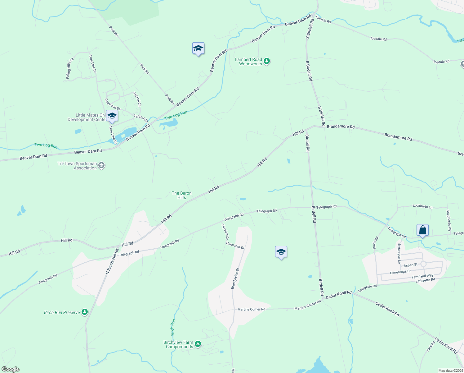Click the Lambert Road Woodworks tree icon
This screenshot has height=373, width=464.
point(266,61)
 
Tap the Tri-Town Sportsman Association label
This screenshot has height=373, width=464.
point(77,166)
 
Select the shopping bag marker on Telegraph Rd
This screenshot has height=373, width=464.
point(422,230)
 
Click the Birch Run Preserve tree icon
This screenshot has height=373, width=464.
point(84,312)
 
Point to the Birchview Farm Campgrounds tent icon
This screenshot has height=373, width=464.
point(198,344)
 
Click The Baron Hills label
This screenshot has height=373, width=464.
point(182,195)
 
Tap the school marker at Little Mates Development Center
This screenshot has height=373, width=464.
point(112,116)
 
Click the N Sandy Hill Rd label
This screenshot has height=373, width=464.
point(112,261)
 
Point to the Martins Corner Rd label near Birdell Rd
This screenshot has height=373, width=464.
point(307,305)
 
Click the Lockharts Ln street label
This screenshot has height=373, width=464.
point(422,206)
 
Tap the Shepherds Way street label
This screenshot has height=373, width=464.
point(448,221)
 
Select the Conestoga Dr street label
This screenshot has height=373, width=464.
point(400,272)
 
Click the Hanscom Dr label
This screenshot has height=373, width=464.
point(235,246)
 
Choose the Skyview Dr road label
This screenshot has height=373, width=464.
point(225,232)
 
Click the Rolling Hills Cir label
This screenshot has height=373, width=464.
point(69,69)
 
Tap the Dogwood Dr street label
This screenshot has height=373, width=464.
point(112,104)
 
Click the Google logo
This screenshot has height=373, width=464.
point(10,369)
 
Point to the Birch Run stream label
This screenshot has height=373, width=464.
point(173,327)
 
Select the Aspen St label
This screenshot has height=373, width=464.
point(411,265)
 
